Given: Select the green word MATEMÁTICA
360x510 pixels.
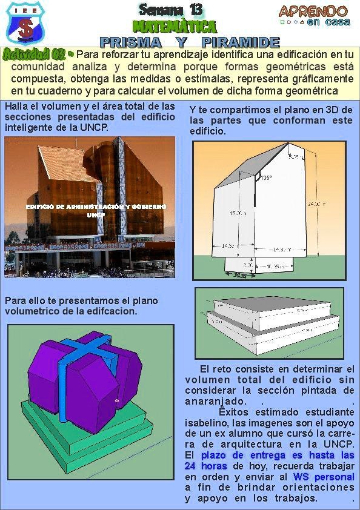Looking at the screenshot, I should [175, 27].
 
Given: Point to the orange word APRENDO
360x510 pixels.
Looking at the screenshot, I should [313, 11].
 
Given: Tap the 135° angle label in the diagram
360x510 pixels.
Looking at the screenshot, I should [266, 177].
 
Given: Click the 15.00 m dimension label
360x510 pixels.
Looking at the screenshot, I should [238, 213].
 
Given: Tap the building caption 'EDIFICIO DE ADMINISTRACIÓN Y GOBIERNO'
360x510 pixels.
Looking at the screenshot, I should [96, 207].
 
